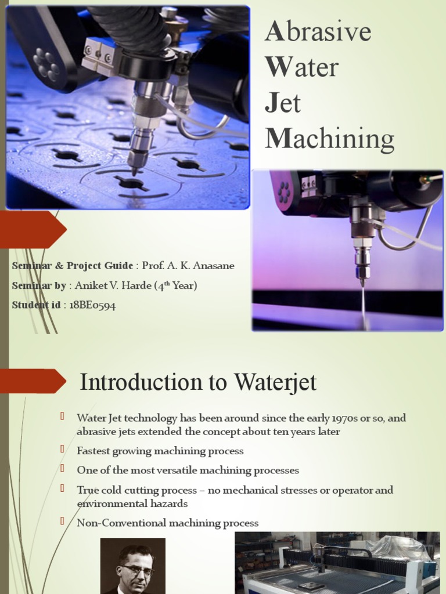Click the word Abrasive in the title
[x=318, y=32]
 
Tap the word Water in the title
[x=301, y=67]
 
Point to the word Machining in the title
[x=329, y=139]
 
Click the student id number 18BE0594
[x=92, y=305]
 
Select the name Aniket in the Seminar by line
[x=92, y=285]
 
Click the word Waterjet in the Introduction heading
[x=275, y=382]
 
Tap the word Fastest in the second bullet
[x=92, y=451]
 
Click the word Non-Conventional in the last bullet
[x=121, y=523]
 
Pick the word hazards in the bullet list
[x=168, y=504]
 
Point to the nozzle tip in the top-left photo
[x=135, y=171]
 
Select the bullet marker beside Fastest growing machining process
[x=62, y=450]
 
